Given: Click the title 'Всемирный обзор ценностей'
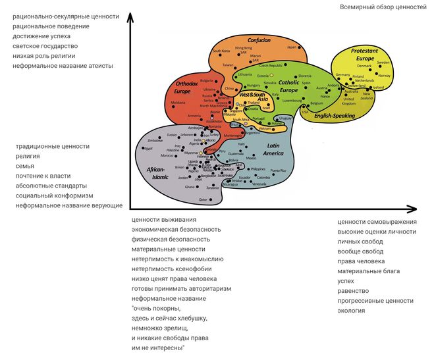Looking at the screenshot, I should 383,7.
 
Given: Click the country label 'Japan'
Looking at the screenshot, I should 292,47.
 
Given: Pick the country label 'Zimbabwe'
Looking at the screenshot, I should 155,141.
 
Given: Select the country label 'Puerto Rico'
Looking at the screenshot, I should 278,170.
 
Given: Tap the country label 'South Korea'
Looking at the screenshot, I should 221,51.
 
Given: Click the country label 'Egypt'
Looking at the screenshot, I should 148,149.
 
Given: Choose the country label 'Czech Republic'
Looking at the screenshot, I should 271,66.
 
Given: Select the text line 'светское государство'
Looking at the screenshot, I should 45,46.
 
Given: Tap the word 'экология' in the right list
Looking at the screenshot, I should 352,310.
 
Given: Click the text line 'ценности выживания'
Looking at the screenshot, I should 163,220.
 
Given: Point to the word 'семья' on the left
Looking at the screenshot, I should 24,166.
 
